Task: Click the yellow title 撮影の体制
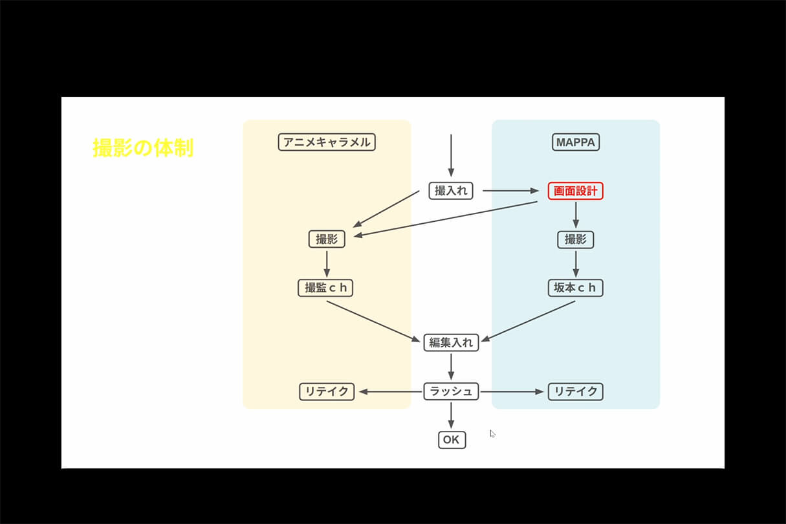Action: (143, 148)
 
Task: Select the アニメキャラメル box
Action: (327, 142)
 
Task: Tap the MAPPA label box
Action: (576, 142)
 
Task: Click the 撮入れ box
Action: (451, 191)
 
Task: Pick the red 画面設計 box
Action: (575, 191)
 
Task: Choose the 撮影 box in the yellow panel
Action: (327, 239)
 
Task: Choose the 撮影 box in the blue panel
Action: (575, 239)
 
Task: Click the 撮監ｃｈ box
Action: (326, 288)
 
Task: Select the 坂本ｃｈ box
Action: (575, 288)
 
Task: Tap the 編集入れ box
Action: (451, 342)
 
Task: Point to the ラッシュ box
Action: (451, 391)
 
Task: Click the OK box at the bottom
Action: (451, 440)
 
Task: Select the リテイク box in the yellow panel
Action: (327, 391)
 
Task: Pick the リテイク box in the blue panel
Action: (575, 391)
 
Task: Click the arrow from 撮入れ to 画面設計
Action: (511, 191)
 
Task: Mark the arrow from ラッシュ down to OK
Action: (451, 415)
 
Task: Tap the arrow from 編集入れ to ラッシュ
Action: (451, 367)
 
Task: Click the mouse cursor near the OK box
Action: (492, 433)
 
